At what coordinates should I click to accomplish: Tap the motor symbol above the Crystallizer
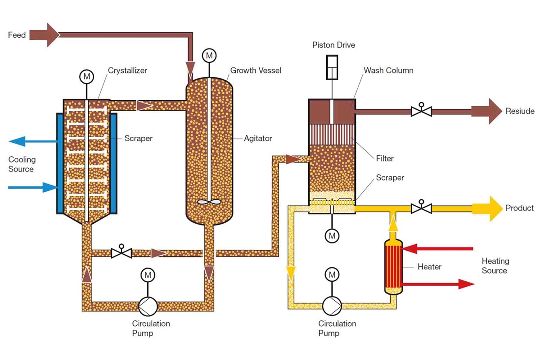click(x=86, y=77)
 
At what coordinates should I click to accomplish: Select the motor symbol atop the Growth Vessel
click(x=209, y=55)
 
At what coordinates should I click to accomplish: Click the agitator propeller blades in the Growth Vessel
click(x=209, y=202)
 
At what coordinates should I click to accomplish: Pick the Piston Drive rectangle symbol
click(x=332, y=67)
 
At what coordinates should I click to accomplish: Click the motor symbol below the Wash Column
click(x=332, y=235)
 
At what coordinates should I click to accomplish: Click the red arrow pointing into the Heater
click(x=436, y=248)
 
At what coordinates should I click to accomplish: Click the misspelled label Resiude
click(x=520, y=111)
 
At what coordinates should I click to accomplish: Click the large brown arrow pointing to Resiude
click(x=486, y=111)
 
